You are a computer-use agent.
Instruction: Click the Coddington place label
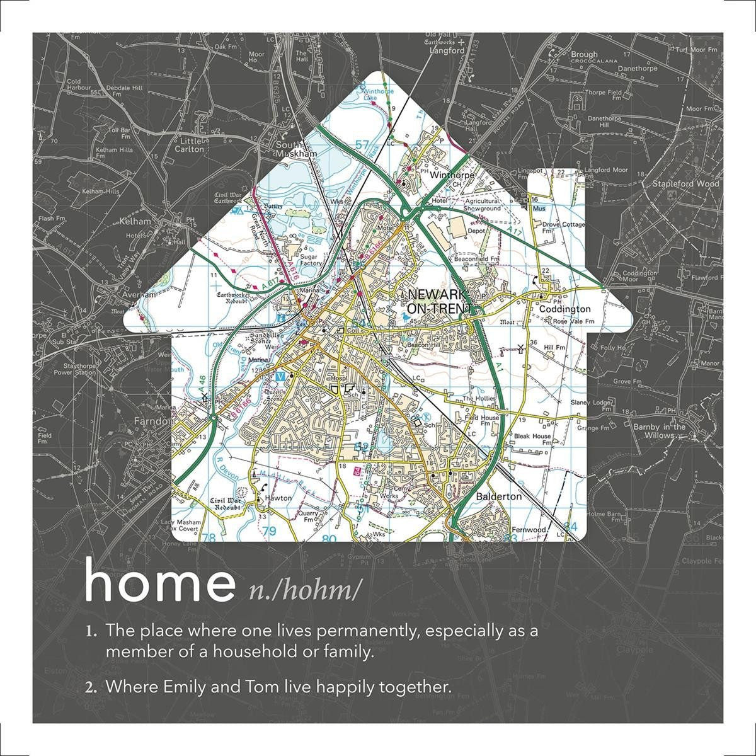tap(564, 309)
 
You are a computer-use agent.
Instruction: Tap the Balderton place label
tap(499, 496)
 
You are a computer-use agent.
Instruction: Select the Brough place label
tap(584, 55)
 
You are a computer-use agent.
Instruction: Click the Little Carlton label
tap(190, 146)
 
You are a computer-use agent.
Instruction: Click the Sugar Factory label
tap(307, 261)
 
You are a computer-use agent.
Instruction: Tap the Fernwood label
tap(528, 530)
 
